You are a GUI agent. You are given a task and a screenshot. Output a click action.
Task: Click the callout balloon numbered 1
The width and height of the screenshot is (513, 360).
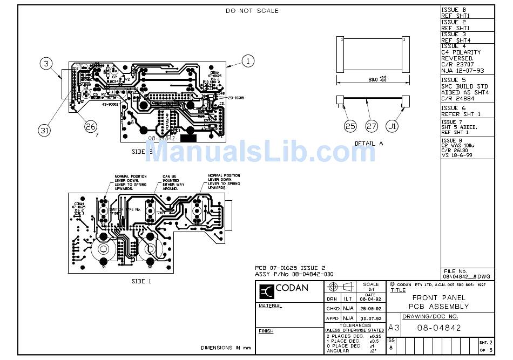(248, 61)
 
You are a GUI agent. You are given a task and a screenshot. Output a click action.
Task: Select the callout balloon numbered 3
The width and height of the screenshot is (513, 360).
(47, 64)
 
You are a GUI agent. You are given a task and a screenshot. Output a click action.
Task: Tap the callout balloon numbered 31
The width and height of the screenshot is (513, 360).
(45, 130)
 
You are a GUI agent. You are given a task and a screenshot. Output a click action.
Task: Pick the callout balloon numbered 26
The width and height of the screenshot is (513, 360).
(91, 126)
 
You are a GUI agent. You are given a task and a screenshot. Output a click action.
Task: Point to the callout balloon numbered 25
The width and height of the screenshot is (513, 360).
(350, 126)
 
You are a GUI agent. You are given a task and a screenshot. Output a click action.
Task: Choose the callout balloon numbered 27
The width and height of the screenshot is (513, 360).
(372, 126)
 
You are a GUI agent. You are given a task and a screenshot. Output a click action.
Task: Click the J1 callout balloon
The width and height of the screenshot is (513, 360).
(394, 126)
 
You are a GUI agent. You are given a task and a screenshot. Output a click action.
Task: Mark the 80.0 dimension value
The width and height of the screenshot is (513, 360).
(373, 79)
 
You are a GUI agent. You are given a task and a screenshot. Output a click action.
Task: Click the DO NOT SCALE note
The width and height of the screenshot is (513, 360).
(252, 11)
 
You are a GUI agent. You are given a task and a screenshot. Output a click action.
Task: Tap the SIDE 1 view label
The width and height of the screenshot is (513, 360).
(141, 281)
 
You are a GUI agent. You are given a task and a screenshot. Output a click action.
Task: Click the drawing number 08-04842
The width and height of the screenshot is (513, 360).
(439, 328)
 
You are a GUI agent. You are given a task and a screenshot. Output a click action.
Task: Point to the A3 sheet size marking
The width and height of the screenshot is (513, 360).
(394, 328)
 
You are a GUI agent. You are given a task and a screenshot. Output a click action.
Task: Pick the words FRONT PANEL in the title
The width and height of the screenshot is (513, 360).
(438, 297)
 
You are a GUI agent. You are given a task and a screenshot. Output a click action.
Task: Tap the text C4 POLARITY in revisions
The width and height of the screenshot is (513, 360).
(461, 52)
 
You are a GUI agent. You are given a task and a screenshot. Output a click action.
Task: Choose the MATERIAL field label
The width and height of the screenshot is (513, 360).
(270, 306)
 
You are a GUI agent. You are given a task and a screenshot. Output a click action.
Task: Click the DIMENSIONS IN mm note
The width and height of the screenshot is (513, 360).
(226, 348)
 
